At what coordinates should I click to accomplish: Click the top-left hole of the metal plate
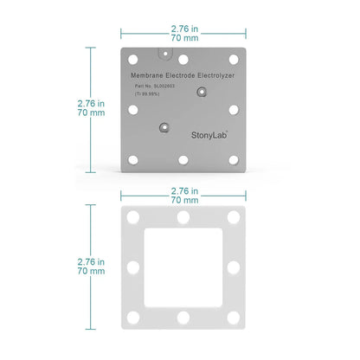tap(132, 59)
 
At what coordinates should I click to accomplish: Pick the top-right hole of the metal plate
tap(234, 59)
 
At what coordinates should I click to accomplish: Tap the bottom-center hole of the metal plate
tap(183, 160)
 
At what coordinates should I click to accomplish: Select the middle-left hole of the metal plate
tap(132, 110)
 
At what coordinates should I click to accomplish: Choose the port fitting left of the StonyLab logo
tap(162, 128)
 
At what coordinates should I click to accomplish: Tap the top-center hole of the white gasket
tap(183, 215)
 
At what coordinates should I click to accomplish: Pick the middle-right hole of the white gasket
tap(235, 266)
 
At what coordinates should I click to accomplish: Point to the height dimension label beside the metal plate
tap(92, 108)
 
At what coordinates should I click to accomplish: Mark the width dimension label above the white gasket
tap(183, 195)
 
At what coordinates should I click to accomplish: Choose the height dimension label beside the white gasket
tap(92, 266)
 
